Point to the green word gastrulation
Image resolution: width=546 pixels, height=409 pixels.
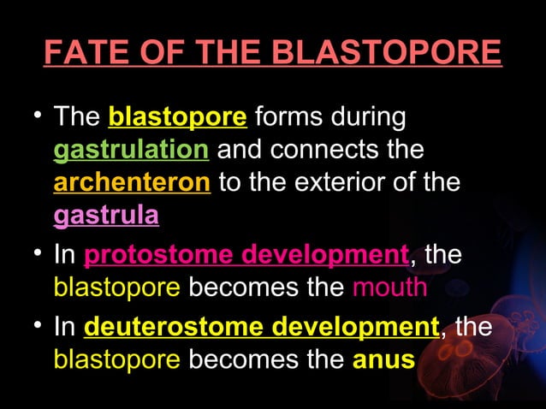(x=131, y=150)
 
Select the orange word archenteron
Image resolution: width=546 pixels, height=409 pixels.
(x=132, y=183)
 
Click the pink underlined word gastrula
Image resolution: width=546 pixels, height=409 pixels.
(x=106, y=216)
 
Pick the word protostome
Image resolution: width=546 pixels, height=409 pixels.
(x=160, y=255)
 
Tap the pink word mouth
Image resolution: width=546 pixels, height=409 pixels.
(x=389, y=287)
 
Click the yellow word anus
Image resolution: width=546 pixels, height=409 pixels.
(x=383, y=359)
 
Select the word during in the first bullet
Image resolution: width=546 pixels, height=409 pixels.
(x=367, y=116)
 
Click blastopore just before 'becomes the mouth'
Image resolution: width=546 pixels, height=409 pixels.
(x=116, y=287)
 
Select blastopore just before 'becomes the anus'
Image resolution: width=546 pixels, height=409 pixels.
(x=116, y=359)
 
